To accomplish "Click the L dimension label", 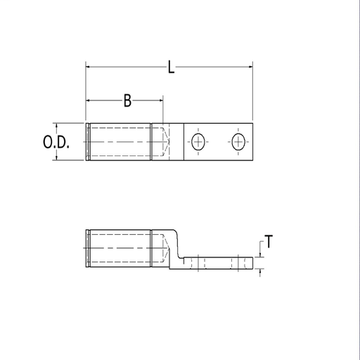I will [171, 67].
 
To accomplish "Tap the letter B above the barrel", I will [127, 101].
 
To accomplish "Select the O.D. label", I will [56, 143].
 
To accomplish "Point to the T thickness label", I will [269, 243].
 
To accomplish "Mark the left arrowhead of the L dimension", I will [89, 67].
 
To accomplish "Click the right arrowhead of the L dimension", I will [249, 67].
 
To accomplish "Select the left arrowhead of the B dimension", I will [89, 101].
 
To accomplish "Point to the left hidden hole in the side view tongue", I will [200, 263].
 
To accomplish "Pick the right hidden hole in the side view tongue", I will [239, 263].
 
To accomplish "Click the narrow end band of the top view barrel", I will [86, 143].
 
